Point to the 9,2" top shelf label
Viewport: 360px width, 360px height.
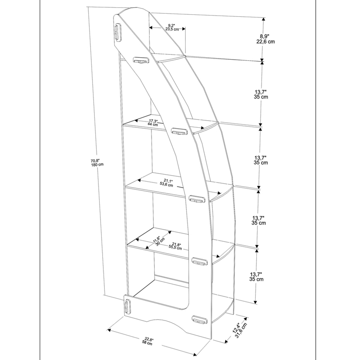[172, 27]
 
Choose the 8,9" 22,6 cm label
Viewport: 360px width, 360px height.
[265, 39]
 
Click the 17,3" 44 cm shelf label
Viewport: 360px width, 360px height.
[153, 122]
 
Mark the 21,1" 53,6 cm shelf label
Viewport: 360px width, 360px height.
[166, 183]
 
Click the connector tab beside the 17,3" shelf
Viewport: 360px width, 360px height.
[178, 131]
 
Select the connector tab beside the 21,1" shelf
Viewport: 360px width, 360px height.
[197, 198]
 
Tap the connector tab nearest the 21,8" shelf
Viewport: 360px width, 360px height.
[199, 262]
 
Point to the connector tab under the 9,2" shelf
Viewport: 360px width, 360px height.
[141, 60]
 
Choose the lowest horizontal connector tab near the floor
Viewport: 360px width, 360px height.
[199, 319]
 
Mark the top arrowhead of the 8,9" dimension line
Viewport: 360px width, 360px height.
[264, 19]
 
